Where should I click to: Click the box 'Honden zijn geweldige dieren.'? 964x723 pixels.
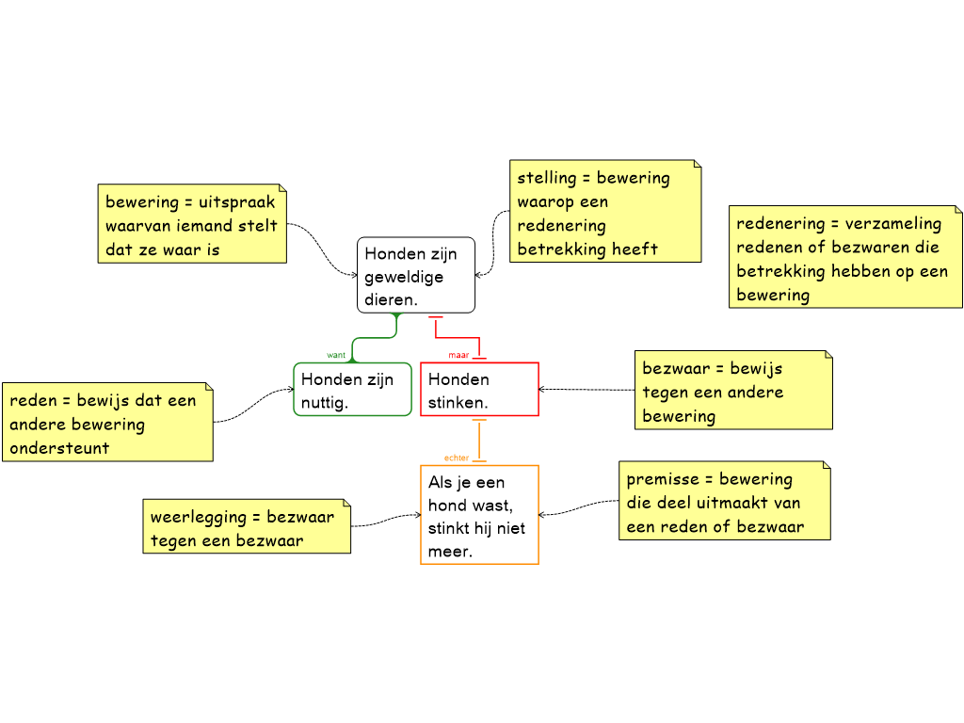(x=415, y=275)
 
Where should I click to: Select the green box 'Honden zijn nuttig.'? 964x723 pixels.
(x=352, y=390)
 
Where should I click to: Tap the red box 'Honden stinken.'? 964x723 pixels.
(x=479, y=390)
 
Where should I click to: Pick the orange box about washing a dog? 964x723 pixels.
(x=479, y=515)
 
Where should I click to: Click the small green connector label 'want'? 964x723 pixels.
(x=335, y=355)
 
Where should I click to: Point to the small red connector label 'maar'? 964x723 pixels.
(x=458, y=356)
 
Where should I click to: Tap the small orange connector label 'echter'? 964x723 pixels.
(x=457, y=458)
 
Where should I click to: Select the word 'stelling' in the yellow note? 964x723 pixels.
(x=546, y=177)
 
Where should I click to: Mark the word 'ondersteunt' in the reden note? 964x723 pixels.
(x=59, y=448)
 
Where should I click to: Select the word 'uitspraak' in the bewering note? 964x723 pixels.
(x=237, y=201)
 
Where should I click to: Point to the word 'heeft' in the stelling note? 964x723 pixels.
(x=635, y=249)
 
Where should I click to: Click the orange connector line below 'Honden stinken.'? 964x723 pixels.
(x=479, y=439)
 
